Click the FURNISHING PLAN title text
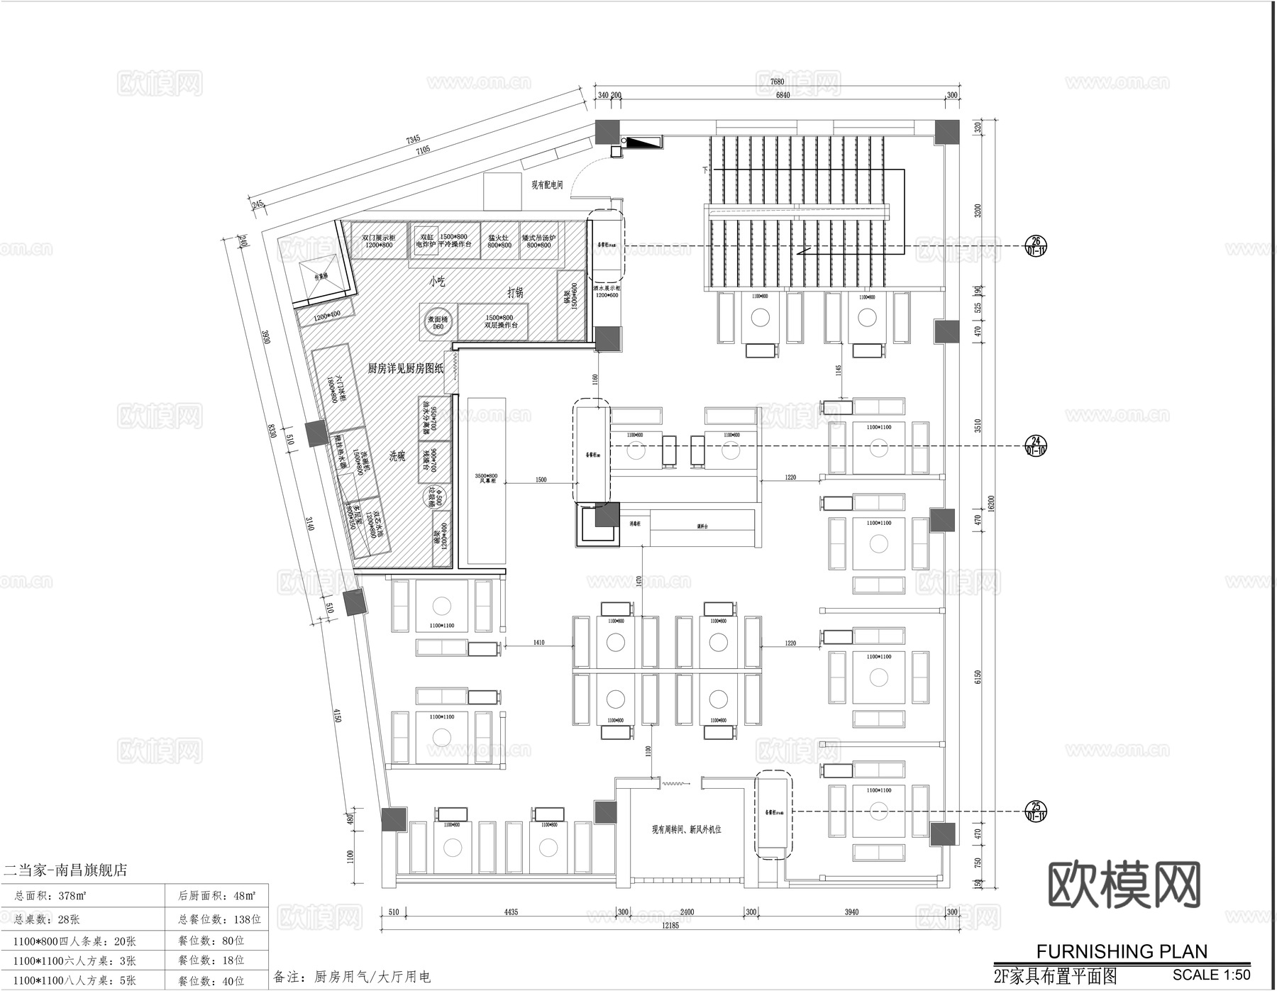[1122, 951]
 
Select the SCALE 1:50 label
[1211, 975]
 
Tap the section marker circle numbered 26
[1036, 245]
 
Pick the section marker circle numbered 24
[1036, 445]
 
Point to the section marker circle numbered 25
[1036, 811]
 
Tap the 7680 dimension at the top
[778, 82]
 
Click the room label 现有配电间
[547, 185]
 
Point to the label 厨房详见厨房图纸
[405, 368]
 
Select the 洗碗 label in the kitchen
[397, 456]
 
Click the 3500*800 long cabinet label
[486, 478]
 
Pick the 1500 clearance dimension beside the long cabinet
[541, 480]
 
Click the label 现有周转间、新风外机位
[686, 829]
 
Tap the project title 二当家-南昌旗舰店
[66, 870]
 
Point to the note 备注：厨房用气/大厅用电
[352, 977]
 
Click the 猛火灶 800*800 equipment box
[499, 241]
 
